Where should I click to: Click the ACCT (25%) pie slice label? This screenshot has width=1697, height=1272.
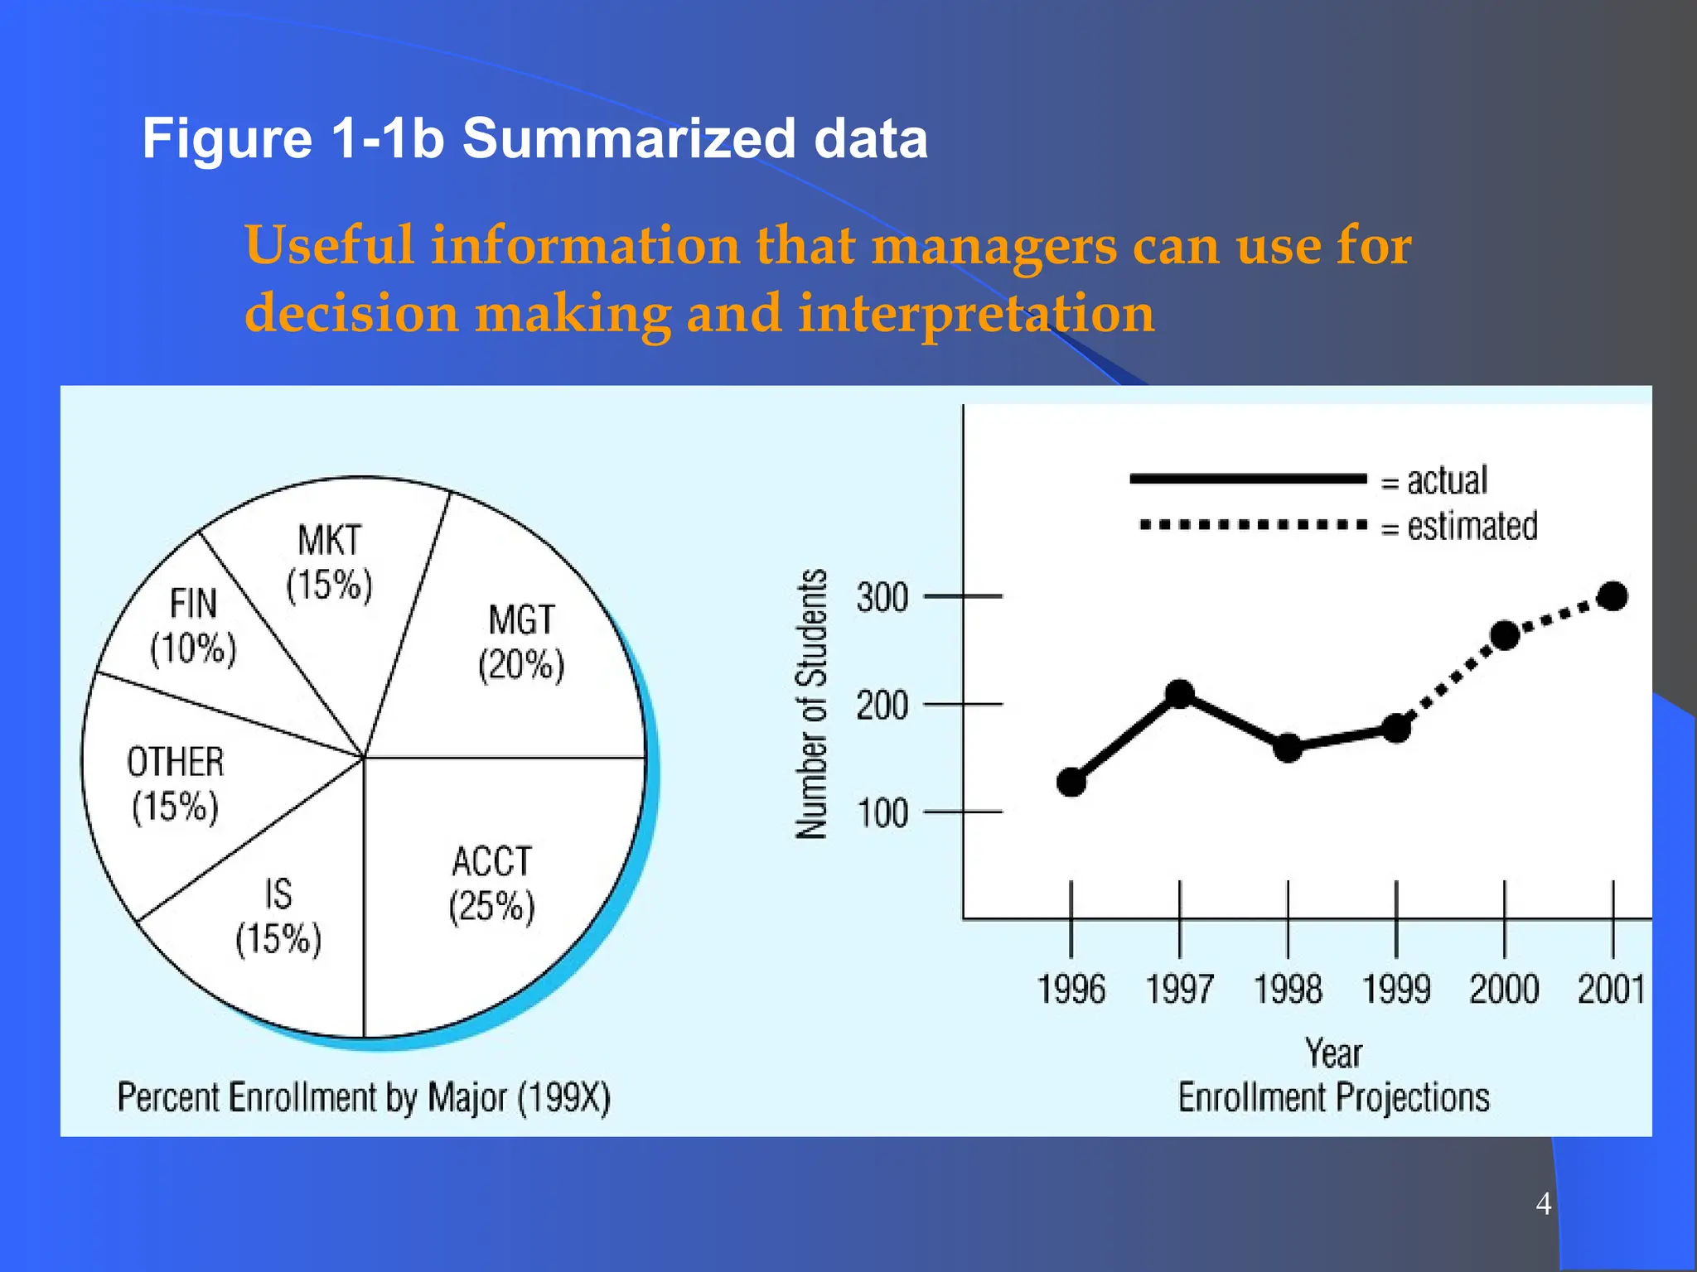[491, 884]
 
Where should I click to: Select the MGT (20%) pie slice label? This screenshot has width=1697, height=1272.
[521, 643]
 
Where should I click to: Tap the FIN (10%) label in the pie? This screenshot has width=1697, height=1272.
[193, 626]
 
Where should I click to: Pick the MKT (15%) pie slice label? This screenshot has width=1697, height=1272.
[329, 563]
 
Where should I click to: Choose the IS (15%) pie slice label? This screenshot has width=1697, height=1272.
[278, 917]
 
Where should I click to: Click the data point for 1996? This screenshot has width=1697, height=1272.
[1071, 782]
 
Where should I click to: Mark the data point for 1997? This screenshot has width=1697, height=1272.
[1180, 694]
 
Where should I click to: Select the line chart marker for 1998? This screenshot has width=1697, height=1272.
[1288, 748]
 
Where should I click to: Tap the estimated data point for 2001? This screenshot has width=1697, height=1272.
[1612, 596]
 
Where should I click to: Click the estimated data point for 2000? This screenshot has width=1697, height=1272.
[1505, 635]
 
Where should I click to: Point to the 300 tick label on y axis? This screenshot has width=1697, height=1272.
[882, 598]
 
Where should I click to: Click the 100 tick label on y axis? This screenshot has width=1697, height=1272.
[882, 814]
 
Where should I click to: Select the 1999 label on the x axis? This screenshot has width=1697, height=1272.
[1396, 989]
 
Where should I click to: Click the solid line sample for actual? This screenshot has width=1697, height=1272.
[1247, 479]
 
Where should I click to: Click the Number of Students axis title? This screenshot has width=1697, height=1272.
[812, 704]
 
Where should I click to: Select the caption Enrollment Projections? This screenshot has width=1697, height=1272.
[1333, 1097]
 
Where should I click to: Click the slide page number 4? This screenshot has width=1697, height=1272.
[1543, 1203]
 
